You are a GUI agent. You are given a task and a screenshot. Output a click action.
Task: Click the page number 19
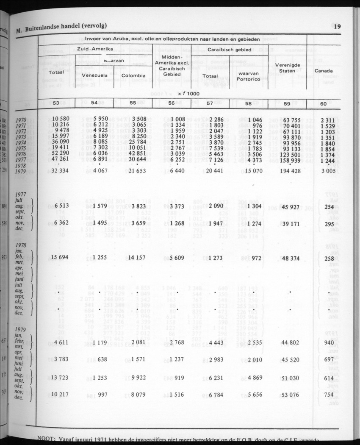click(x=337, y=27)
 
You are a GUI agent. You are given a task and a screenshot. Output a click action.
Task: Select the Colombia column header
click(x=133, y=75)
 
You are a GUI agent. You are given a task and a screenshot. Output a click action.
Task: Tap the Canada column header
click(x=324, y=71)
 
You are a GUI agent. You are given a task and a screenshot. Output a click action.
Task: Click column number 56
click(x=172, y=103)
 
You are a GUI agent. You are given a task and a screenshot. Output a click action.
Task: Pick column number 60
click(x=324, y=103)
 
